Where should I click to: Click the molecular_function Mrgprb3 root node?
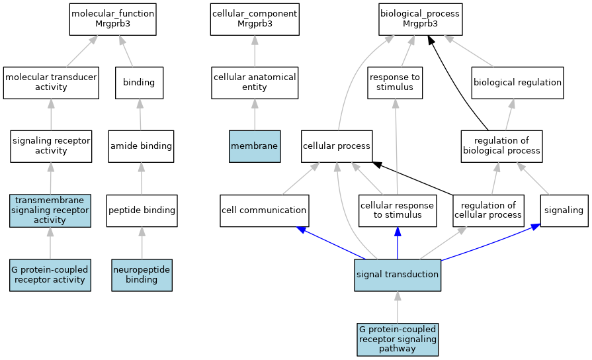pyautogui.click(x=112, y=19)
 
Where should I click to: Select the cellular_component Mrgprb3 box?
pyautogui.click(x=255, y=19)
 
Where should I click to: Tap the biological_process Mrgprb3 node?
pyautogui.click(x=420, y=19)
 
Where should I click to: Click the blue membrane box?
pyautogui.click(x=255, y=146)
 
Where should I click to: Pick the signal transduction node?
pyautogui.click(x=397, y=275)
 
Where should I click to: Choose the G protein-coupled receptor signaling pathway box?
pyautogui.click(x=398, y=339)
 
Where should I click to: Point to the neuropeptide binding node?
pyautogui.click(x=142, y=275)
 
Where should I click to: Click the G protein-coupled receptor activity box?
pyautogui.click(x=50, y=275)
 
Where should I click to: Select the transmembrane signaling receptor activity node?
pyautogui.click(x=50, y=210)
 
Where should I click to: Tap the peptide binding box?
pyautogui.click(x=142, y=210)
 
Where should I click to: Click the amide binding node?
pyautogui.click(x=140, y=146)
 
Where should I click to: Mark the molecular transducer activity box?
pyautogui.click(x=51, y=83)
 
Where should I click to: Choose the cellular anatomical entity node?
pyautogui.click(x=255, y=83)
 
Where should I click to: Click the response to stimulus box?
pyautogui.click(x=395, y=83)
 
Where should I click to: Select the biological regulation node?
pyautogui.click(x=517, y=83)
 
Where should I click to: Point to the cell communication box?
pyautogui.click(x=264, y=210)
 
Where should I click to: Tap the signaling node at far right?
pyautogui.click(x=564, y=210)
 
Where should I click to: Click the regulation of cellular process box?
pyautogui.click(x=488, y=210)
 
